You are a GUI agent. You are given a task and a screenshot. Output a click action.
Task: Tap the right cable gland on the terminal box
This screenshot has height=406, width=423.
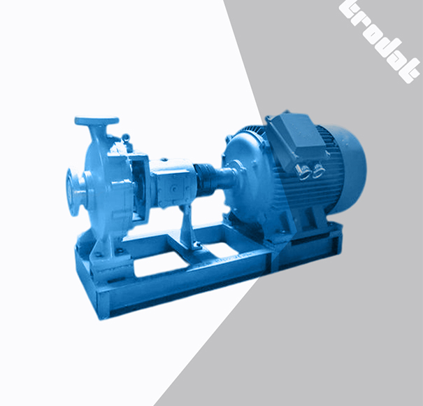pos(318,169)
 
